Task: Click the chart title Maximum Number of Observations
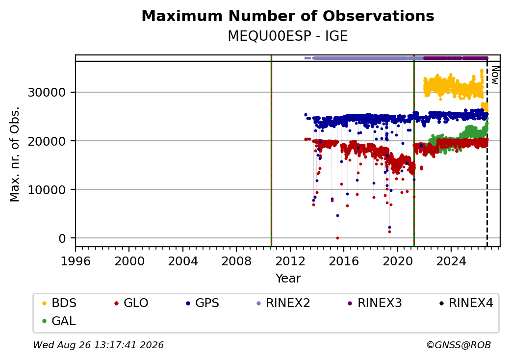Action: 288,16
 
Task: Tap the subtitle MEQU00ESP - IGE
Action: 288,36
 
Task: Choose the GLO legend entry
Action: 131,303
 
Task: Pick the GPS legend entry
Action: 203,303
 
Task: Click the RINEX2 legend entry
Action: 283,303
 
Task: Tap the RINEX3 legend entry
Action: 375,303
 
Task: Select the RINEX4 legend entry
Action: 466,303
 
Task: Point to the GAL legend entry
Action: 59,321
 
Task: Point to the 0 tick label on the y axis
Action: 62,239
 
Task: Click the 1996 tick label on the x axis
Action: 76,261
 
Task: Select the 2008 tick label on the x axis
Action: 236,261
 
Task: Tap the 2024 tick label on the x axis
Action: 451,261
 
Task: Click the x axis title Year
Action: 288,279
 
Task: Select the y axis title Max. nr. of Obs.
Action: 15,154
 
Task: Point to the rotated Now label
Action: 495,75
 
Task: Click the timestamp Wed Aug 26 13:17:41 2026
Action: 98,345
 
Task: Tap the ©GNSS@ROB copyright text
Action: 459,345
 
